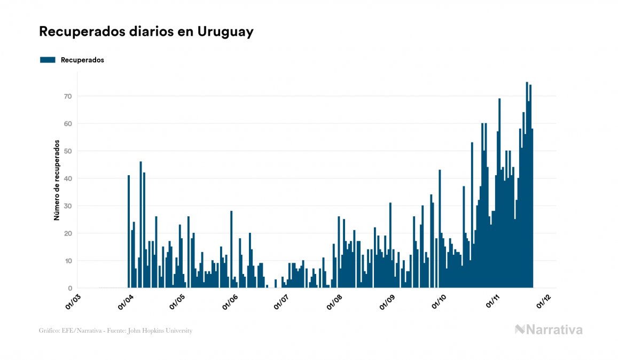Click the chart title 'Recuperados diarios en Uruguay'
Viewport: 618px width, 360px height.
[146, 32]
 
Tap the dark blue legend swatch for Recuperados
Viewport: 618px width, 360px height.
[48, 60]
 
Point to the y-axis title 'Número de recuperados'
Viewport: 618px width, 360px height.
[56, 180]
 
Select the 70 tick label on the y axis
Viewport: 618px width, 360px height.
[68, 96]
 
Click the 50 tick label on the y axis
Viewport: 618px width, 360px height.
[68, 151]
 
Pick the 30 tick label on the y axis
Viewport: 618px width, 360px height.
[68, 206]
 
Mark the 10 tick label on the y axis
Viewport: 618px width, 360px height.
[68, 261]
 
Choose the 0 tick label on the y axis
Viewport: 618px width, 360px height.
[69, 288]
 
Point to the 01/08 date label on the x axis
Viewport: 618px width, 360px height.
[334, 301]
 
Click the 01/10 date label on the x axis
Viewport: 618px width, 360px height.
[439, 301]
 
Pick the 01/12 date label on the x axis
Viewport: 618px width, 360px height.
[543, 301]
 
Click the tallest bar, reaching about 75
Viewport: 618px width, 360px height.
[527, 187]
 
